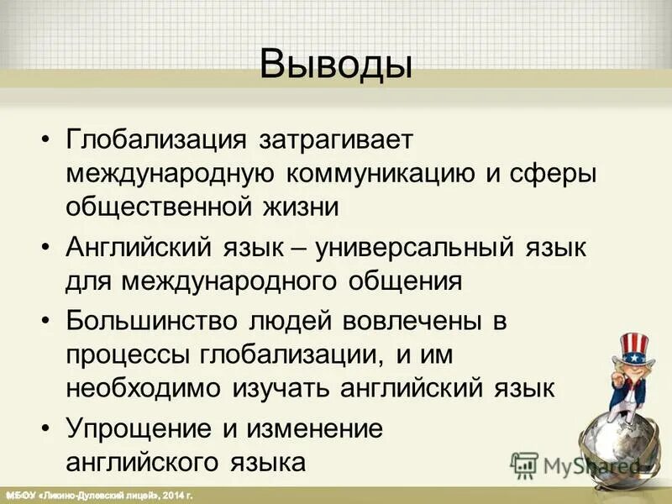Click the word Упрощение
click(x=134, y=428)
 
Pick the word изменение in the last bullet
click(x=306, y=428)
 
